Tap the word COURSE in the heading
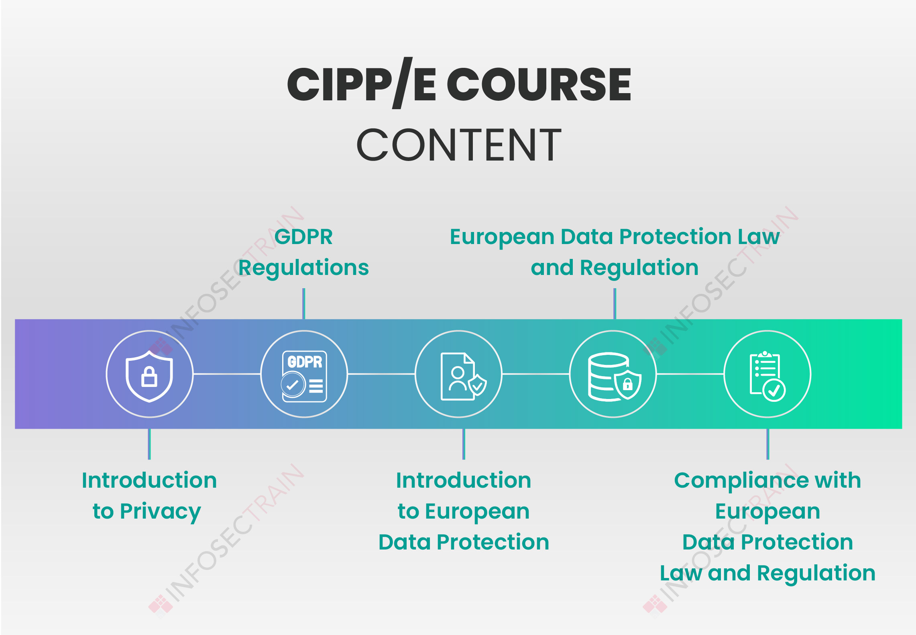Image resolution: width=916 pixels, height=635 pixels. [x=539, y=84]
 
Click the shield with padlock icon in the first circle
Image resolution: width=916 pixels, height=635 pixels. [x=149, y=376]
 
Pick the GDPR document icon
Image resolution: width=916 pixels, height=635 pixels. [x=304, y=377]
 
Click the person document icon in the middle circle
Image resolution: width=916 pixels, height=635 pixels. [x=463, y=377]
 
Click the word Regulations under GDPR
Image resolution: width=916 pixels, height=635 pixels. [x=303, y=268]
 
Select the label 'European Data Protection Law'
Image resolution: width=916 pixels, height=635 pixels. [x=615, y=237]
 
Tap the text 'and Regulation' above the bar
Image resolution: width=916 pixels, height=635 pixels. [x=615, y=268]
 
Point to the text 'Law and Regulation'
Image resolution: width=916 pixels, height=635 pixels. [x=767, y=573]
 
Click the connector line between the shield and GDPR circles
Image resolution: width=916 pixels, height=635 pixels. [x=227, y=374]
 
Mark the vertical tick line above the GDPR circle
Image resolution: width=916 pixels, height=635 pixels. [x=304, y=304]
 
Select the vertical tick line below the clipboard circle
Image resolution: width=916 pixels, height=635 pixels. [x=767, y=444]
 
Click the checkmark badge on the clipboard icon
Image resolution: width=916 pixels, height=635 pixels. [x=774, y=390]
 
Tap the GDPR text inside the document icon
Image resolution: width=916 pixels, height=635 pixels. [x=305, y=362]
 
